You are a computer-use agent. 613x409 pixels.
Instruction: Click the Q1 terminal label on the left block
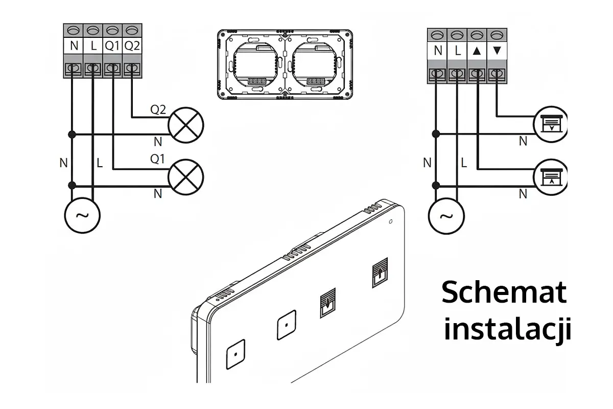click(x=112, y=46)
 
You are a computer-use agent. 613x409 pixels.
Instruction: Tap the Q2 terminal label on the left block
click(x=132, y=46)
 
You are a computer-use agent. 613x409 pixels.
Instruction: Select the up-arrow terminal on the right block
click(x=477, y=51)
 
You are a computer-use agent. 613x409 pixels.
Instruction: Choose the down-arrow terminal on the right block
click(x=497, y=51)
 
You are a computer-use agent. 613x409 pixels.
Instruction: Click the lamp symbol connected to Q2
click(x=186, y=125)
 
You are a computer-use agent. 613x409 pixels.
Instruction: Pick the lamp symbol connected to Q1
click(x=186, y=177)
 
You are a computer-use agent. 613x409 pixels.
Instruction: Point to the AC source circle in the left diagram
click(x=82, y=215)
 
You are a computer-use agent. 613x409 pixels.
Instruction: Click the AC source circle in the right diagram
click(x=446, y=216)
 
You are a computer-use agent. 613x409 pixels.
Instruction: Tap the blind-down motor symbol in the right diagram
click(x=551, y=124)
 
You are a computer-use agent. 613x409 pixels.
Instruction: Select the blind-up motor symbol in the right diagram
click(x=551, y=177)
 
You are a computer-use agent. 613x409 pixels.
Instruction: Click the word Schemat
click(x=504, y=292)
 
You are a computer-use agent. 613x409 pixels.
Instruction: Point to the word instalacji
click(x=507, y=329)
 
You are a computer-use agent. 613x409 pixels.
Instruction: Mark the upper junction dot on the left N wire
click(x=72, y=134)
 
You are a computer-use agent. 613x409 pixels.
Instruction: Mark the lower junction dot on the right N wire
click(x=436, y=186)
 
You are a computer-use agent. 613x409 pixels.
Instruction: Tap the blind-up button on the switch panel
click(x=380, y=272)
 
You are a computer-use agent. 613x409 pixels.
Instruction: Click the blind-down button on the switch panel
click(x=328, y=303)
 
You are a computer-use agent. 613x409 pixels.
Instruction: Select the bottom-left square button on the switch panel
click(x=235, y=354)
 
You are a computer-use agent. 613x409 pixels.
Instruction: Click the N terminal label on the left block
click(x=74, y=46)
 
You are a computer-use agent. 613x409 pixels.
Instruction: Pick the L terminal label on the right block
click(x=458, y=51)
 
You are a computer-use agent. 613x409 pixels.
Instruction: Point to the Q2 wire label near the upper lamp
click(x=158, y=109)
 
